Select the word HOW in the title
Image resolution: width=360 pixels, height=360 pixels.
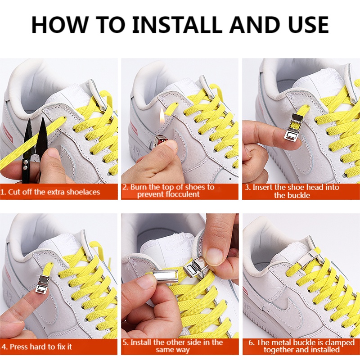[x=59, y=25]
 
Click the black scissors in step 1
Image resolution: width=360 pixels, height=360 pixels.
[x=35, y=149]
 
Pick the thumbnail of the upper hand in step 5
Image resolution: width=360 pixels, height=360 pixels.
[x=215, y=256]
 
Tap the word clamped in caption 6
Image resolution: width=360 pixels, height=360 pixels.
[x=340, y=343]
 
